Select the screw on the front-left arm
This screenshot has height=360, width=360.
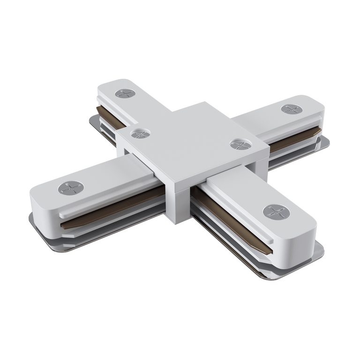tap(70, 188)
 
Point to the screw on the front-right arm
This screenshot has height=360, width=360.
tap(276, 212)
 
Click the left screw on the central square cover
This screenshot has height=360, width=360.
tap(140, 134)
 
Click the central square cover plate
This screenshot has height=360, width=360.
tap(192, 141)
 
